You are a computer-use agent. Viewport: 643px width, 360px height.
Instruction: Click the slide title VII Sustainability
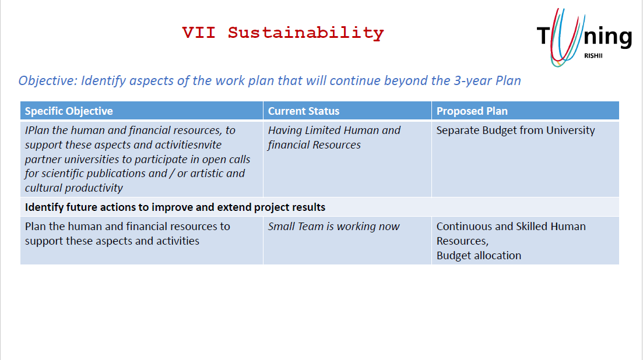coord(283,33)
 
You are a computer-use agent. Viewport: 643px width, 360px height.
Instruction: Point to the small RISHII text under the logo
coord(593,56)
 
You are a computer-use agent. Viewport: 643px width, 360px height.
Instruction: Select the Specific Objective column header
coord(68,111)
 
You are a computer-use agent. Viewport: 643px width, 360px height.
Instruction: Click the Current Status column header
coord(304,111)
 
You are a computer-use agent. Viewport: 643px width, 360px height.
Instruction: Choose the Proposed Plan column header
coord(472,111)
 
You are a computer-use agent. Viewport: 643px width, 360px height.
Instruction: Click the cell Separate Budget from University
coord(515,130)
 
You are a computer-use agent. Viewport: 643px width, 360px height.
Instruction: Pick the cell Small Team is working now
coord(333,227)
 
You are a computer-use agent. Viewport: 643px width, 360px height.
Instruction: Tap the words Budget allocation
coord(479,256)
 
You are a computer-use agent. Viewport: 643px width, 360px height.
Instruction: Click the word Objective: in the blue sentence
coord(48,81)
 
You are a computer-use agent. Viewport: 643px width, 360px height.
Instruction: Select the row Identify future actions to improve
coord(175,207)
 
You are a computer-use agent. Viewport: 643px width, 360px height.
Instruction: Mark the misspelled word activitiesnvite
coord(188,144)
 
